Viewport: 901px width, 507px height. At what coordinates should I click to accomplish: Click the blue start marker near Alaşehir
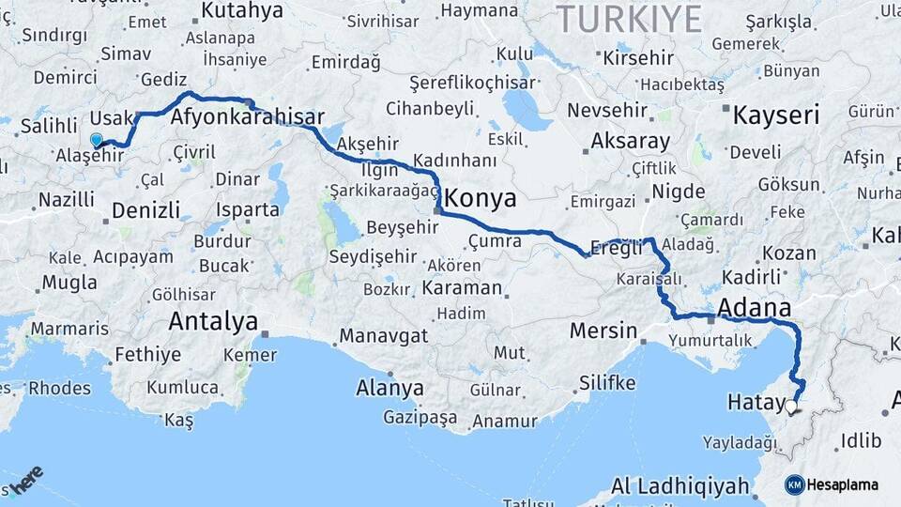[x=96, y=140]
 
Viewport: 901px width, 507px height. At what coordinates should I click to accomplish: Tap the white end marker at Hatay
[x=791, y=407]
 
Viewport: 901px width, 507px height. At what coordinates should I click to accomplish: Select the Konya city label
[x=480, y=199]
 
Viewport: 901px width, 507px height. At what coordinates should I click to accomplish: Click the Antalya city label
[x=213, y=322]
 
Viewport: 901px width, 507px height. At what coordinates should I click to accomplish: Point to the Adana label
[x=754, y=308]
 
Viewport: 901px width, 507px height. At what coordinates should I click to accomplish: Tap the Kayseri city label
[x=775, y=115]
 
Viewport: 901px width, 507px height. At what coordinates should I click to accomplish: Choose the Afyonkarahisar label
[x=248, y=117]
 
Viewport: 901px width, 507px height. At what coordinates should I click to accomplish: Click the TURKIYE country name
[x=629, y=19]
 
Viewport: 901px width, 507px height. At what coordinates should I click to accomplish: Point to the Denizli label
[x=145, y=210]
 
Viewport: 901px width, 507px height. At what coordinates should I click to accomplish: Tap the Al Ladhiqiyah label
[x=680, y=486]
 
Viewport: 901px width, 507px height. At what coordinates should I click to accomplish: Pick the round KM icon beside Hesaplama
[x=794, y=485]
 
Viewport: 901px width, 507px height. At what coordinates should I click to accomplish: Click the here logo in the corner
[x=25, y=482]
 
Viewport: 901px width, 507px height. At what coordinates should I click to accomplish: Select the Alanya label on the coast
[x=389, y=388]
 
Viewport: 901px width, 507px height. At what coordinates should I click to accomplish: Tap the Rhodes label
[x=59, y=388]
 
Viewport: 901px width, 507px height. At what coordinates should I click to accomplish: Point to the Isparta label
[x=248, y=209]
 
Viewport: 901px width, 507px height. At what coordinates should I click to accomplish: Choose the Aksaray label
[x=631, y=143]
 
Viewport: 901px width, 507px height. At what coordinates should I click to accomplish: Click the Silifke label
[x=607, y=383]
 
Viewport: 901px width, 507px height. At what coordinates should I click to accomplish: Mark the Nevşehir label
[x=608, y=111]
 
